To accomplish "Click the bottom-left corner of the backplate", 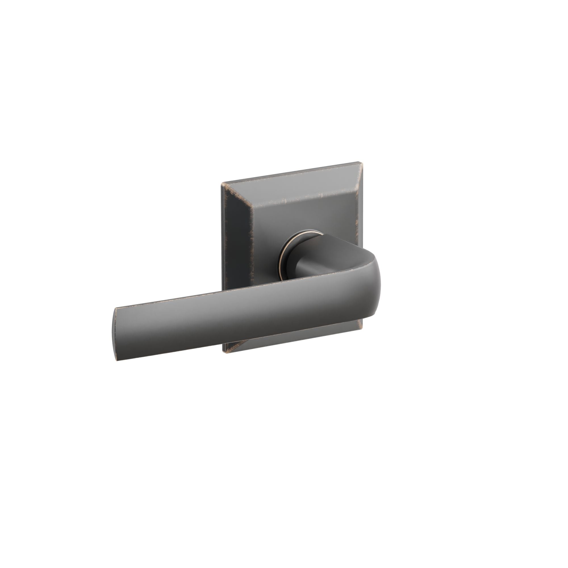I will point(225,352).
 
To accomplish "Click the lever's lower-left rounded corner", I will point(118,359).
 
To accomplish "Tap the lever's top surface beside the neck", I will point(338,265).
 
